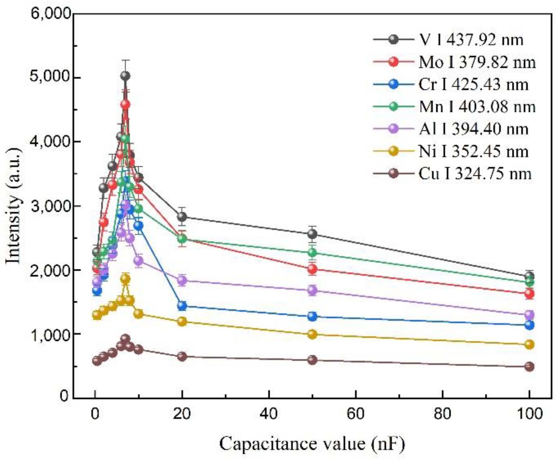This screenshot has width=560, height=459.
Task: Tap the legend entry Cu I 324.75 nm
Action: (475, 174)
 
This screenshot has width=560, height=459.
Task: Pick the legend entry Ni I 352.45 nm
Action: (473, 151)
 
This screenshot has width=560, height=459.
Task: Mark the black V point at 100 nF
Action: (529, 276)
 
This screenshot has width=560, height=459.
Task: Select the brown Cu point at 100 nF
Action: (529, 366)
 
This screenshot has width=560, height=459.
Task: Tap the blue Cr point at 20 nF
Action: (182, 306)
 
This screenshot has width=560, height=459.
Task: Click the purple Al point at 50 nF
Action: (312, 290)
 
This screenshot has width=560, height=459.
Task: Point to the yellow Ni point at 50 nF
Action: (312, 334)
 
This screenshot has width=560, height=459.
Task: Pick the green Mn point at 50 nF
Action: (312, 252)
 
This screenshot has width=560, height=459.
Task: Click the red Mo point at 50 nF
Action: (312, 269)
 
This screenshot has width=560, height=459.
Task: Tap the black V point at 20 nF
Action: (182, 216)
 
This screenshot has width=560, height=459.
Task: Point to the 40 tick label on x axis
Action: (269, 414)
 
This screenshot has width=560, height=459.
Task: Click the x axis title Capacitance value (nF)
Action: (312, 443)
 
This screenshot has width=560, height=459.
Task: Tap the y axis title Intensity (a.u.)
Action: (14, 206)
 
